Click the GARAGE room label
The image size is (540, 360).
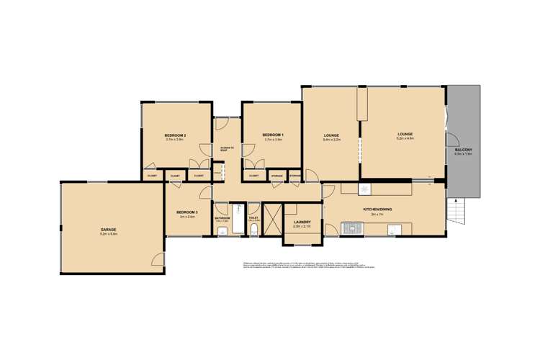click(x=108, y=230)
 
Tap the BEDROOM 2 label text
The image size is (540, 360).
click(x=175, y=135)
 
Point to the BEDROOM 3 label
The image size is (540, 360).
click(x=186, y=212)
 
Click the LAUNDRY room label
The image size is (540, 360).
click(x=301, y=222)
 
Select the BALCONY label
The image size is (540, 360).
click(x=463, y=149)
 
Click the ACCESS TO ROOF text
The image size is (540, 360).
click(x=227, y=149)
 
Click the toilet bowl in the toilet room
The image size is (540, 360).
click(x=254, y=230)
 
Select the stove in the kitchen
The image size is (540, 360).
click(x=353, y=230)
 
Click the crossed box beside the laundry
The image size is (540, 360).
click(x=273, y=219)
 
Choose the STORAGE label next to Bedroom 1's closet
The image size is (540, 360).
click(x=276, y=175)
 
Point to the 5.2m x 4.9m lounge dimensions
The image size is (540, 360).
click(x=405, y=139)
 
